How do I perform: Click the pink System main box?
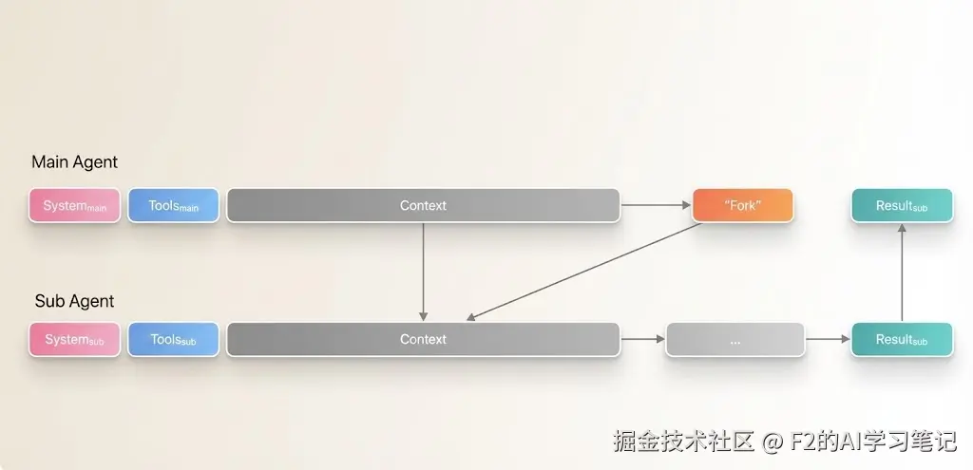(x=75, y=205)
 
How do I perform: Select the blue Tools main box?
(x=173, y=205)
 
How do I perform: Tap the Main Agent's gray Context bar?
(x=423, y=205)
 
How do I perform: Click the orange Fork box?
(x=742, y=205)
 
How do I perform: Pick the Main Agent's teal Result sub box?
(x=901, y=205)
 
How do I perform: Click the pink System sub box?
(x=75, y=339)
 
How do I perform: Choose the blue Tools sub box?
(x=173, y=339)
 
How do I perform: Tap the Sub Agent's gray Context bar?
(x=423, y=339)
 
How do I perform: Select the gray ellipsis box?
(x=735, y=339)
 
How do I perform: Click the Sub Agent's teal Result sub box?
(x=901, y=339)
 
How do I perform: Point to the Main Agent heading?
(x=75, y=162)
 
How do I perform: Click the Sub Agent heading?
(x=74, y=301)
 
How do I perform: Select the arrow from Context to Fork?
(x=656, y=205)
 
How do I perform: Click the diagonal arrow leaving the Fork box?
(x=584, y=272)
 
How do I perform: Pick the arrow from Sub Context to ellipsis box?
(x=642, y=339)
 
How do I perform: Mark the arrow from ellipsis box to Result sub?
(x=828, y=339)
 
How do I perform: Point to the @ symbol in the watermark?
(x=773, y=442)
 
